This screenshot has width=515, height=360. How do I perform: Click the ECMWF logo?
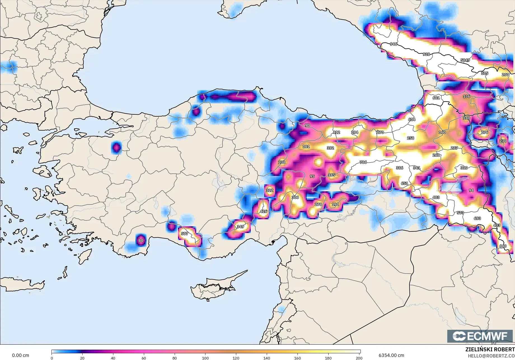(481, 336)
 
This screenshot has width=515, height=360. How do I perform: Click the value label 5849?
(465, 60)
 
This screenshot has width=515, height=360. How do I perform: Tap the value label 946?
(394, 44)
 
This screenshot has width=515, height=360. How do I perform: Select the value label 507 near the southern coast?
(184, 234)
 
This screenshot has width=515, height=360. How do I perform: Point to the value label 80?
(141, 241)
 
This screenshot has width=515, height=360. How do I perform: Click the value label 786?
(363, 162)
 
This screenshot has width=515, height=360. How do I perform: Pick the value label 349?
(240, 227)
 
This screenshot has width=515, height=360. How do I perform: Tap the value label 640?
(503, 246)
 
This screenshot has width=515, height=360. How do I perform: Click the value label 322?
(270, 190)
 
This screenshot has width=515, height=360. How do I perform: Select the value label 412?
(336, 132)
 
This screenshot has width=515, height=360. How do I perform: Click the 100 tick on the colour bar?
(205, 357)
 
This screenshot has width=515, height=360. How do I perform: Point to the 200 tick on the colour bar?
(359, 357)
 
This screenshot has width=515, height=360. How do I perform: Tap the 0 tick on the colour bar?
(52, 357)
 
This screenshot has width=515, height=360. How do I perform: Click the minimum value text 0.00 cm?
(20, 356)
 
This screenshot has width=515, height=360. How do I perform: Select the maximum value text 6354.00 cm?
(391, 356)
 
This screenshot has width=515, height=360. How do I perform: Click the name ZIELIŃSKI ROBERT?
(490, 350)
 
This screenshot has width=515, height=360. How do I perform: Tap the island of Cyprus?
(216, 287)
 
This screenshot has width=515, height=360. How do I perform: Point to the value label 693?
(477, 218)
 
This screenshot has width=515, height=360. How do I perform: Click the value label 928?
(426, 54)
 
